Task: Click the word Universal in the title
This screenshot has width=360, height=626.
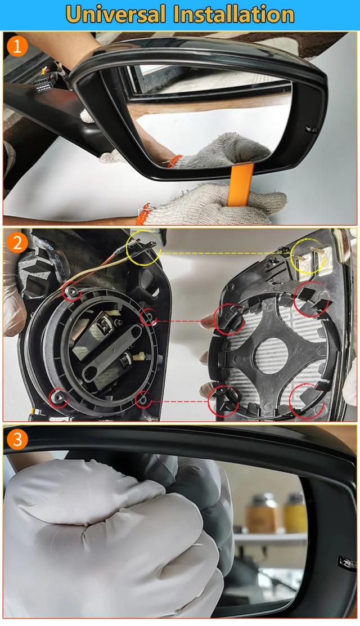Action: [116, 15]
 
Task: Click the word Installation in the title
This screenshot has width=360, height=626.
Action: [234, 15]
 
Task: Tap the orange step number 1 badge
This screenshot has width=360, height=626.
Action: [17, 47]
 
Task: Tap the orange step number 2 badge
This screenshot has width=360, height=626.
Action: [17, 243]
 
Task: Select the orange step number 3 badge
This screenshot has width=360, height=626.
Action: [17, 440]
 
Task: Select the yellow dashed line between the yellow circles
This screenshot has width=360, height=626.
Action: [226, 252]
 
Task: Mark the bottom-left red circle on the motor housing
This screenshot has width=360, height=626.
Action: [58, 397]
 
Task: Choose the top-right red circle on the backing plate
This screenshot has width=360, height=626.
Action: [311, 299]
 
